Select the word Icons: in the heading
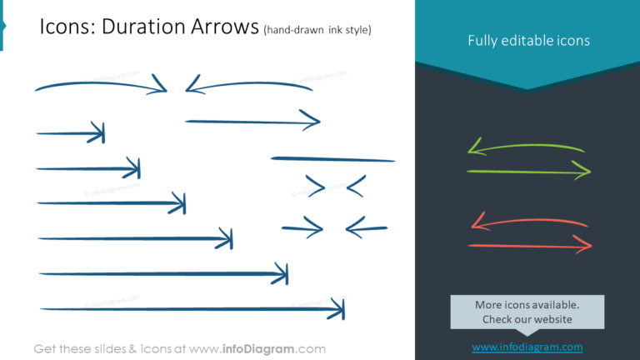[67, 27]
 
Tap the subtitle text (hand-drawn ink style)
[317, 30]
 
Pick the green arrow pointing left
[525, 148]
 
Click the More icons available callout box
[527, 312]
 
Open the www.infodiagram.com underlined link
[527, 347]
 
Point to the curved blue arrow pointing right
[100, 84]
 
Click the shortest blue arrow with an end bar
[71, 132]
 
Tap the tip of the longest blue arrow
[341, 310]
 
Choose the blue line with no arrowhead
[332, 158]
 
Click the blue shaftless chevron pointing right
[315, 185]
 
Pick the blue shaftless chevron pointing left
[356, 186]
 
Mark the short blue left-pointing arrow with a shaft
[366, 226]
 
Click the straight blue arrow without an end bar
[252, 122]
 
